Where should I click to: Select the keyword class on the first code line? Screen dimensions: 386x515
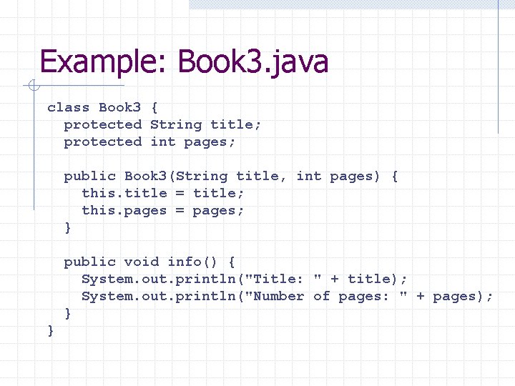pyautogui.click(x=69, y=107)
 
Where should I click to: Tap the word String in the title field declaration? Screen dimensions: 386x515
pyautogui.click(x=176, y=124)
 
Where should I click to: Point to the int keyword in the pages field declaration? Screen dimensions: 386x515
pyautogui.click(x=163, y=142)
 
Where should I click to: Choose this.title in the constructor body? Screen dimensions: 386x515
pyautogui.click(x=124, y=193)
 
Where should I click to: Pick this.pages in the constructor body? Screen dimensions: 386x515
pyautogui.click(x=124, y=210)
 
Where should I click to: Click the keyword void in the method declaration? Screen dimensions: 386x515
pyautogui.click(x=142, y=262)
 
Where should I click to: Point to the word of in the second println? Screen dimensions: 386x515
pyautogui.click(x=322, y=296)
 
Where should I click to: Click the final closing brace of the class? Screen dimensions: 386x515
pyautogui.click(x=51, y=330)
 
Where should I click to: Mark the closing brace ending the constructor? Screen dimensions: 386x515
pyautogui.click(x=68, y=227)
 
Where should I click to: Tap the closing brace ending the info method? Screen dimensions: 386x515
pyautogui.click(x=68, y=313)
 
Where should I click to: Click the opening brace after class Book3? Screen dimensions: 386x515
pyautogui.click(x=154, y=107)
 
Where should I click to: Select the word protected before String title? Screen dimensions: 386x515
pyautogui.click(x=103, y=124)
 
